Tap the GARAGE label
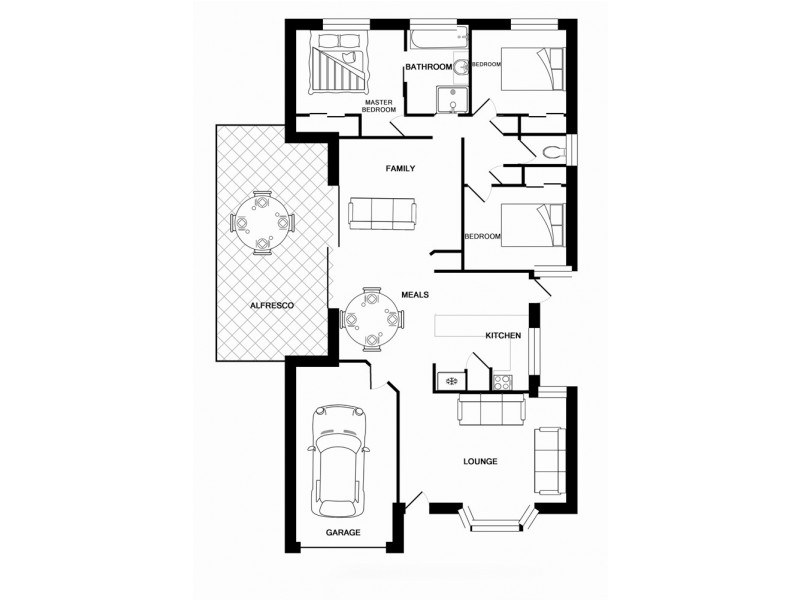coord(343,532)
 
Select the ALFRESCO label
coord(271,305)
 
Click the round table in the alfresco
coord(261,223)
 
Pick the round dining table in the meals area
coord(372,319)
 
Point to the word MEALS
coord(415,295)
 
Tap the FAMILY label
coord(400,169)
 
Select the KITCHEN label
coord(503,336)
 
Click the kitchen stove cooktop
coord(502,381)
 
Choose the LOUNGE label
coord(480,462)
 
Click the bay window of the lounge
coord(497,521)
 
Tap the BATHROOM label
coord(429,67)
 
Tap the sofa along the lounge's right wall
coord(549,459)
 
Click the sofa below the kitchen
coord(490,409)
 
